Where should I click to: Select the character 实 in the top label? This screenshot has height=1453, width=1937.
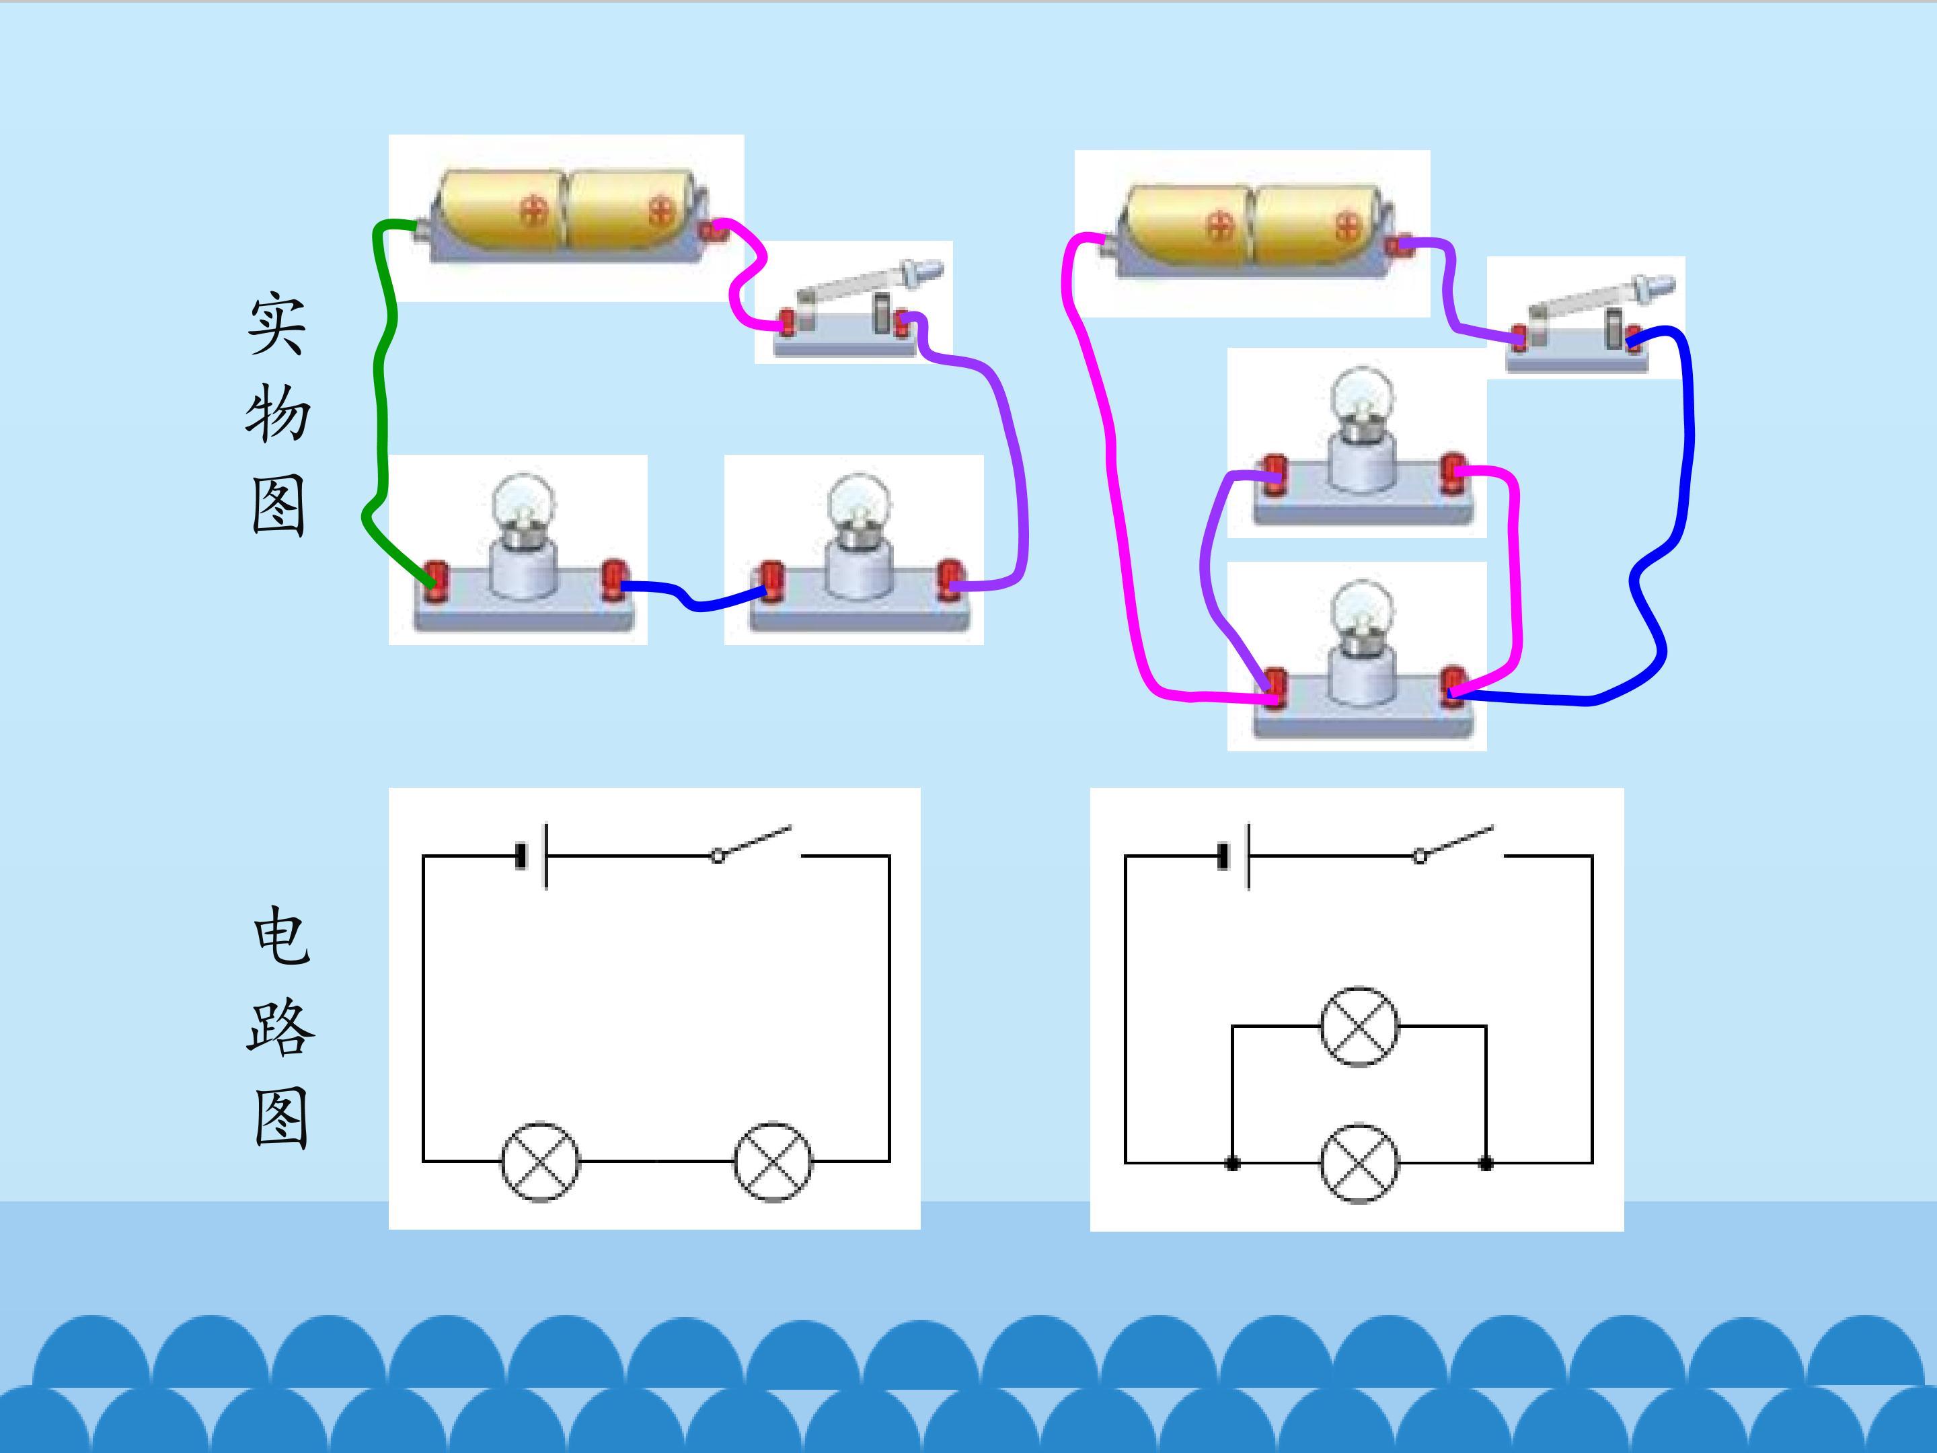(x=276, y=325)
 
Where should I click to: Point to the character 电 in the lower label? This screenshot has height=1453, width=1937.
(x=281, y=936)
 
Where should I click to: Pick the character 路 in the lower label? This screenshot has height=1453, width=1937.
(x=280, y=1027)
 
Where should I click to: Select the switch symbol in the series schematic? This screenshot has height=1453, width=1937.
(x=753, y=843)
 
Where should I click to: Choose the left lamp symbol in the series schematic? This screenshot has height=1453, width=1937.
(x=540, y=1161)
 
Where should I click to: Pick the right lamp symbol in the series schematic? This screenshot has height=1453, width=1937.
(x=772, y=1161)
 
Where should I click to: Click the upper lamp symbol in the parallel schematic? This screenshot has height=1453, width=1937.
(x=1359, y=1026)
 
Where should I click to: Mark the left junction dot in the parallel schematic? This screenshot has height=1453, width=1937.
(x=1232, y=1163)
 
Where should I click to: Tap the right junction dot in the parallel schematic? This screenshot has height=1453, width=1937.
(x=1486, y=1163)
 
